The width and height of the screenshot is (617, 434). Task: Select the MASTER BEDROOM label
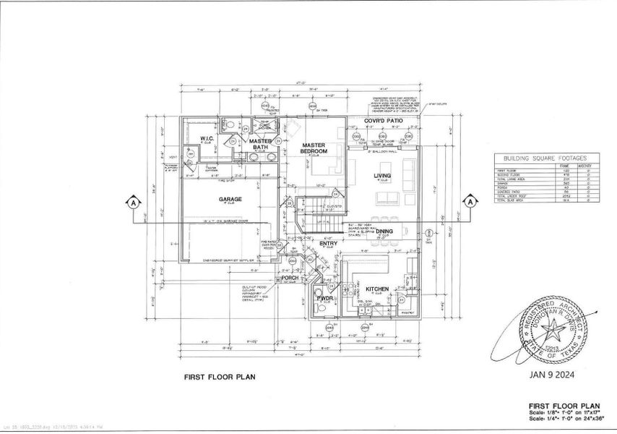pyautogui.click(x=314, y=148)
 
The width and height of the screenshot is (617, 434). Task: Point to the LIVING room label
pyautogui.click(x=381, y=176)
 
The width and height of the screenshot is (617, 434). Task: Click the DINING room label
pyautogui.click(x=384, y=231)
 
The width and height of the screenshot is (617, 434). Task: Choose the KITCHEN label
pyautogui.click(x=376, y=289)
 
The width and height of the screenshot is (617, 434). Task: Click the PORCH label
pyautogui.click(x=290, y=277)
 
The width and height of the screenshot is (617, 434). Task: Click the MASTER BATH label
pyautogui.click(x=261, y=145)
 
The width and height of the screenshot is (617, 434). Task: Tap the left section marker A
pyautogui.click(x=132, y=204)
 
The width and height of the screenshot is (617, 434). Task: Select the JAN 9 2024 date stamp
pyautogui.click(x=551, y=375)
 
